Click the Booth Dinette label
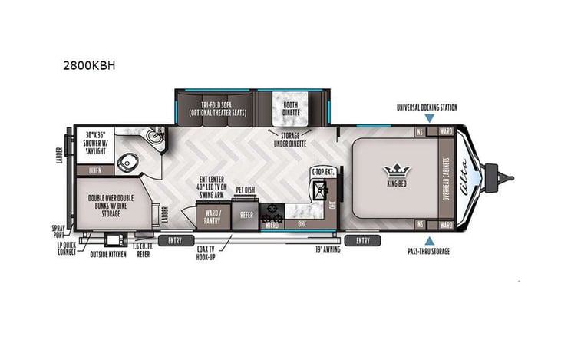pos(290,108)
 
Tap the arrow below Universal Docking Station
pos(430,118)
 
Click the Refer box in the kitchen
pos(246,216)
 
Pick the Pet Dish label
pos(246,188)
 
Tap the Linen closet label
pos(95,170)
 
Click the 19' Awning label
pos(328,249)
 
